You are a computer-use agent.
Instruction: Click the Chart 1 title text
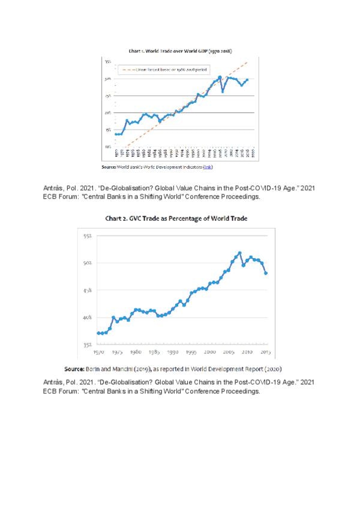(181, 52)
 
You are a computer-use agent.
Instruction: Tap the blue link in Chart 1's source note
(208, 166)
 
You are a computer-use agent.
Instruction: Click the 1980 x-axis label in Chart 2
(136, 352)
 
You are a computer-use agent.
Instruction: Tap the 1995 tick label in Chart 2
(191, 352)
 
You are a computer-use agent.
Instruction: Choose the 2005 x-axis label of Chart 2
(229, 352)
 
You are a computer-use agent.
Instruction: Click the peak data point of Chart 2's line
(240, 253)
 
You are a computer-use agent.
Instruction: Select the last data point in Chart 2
(266, 273)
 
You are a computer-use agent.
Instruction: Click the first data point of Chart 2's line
(98, 333)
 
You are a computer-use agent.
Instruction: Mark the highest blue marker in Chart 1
(220, 77)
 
